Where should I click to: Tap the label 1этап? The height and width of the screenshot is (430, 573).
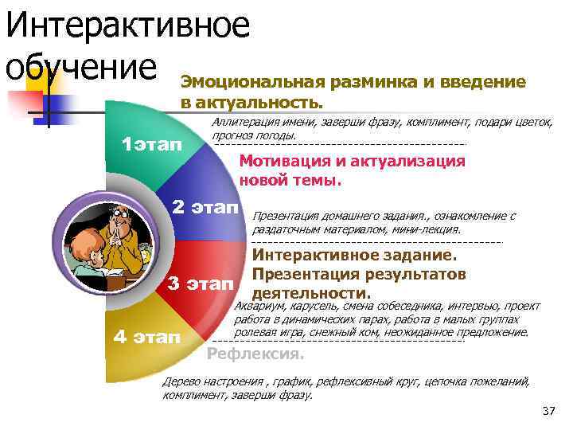[x=151, y=144]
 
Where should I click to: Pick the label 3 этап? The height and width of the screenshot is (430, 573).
[x=201, y=283]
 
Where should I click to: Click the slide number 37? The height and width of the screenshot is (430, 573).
[x=548, y=411]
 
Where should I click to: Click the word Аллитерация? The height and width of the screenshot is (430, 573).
[x=248, y=122]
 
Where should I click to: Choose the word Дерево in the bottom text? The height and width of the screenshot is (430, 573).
[x=181, y=381]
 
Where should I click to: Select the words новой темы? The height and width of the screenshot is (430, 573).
[x=290, y=179]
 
